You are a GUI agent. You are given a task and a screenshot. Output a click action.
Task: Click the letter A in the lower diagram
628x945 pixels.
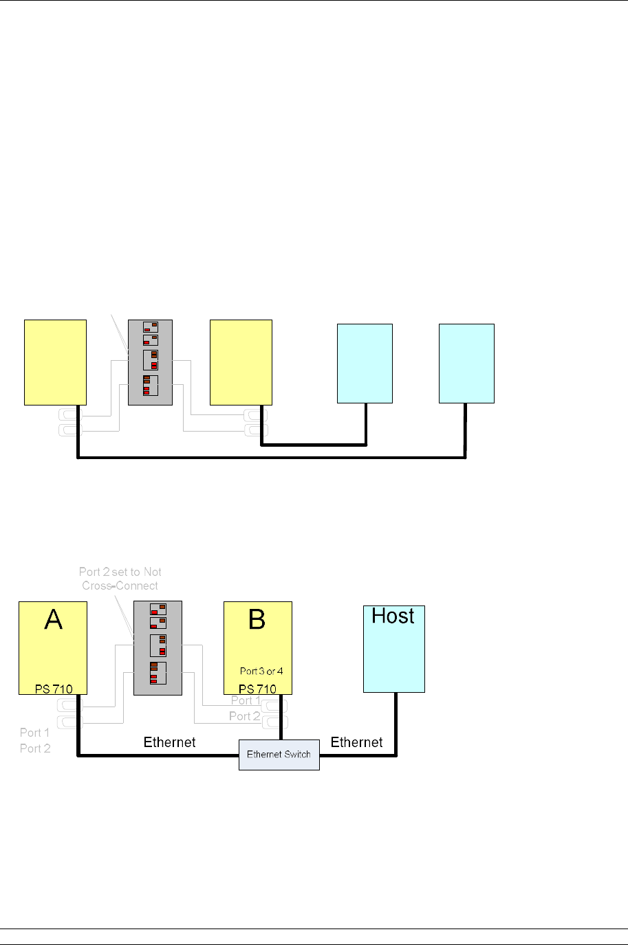(x=53, y=620)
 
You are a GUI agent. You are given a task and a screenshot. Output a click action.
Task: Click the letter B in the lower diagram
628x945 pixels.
(x=257, y=620)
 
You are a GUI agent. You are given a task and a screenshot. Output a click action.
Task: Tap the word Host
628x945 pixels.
(x=393, y=616)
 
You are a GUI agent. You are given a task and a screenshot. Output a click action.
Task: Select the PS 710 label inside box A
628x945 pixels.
(x=54, y=689)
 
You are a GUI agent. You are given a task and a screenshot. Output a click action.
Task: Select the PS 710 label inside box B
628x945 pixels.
(x=257, y=689)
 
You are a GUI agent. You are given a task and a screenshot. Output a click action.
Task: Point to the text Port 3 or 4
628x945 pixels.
(x=261, y=671)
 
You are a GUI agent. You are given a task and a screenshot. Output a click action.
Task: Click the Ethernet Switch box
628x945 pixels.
(x=279, y=755)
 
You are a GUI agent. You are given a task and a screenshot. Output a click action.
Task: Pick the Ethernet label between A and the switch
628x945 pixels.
(x=169, y=742)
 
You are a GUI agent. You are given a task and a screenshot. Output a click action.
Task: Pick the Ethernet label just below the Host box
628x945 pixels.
(x=356, y=742)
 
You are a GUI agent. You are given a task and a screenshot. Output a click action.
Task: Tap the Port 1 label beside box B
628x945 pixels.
(x=246, y=701)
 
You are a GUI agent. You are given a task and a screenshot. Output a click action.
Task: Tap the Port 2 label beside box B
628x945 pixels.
(x=245, y=716)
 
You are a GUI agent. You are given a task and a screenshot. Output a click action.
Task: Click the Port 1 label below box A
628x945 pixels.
(x=35, y=733)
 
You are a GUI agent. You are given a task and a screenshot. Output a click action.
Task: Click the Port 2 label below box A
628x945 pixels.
(x=35, y=748)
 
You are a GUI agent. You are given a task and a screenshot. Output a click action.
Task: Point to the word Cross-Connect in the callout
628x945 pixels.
(x=120, y=586)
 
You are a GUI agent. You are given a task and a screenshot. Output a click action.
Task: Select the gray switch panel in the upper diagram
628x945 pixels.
(x=150, y=362)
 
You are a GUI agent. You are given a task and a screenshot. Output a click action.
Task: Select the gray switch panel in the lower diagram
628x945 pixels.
(x=158, y=647)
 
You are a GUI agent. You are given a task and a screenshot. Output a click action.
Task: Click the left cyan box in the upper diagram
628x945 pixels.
(x=365, y=363)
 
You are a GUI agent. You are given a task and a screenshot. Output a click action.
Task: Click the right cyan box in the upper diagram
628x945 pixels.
(x=466, y=363)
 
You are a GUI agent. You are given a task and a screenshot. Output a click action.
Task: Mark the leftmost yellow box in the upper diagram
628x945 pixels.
(x=55, y=362)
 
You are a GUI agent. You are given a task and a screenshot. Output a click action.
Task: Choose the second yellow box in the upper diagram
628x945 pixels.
(x=241, y=362)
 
